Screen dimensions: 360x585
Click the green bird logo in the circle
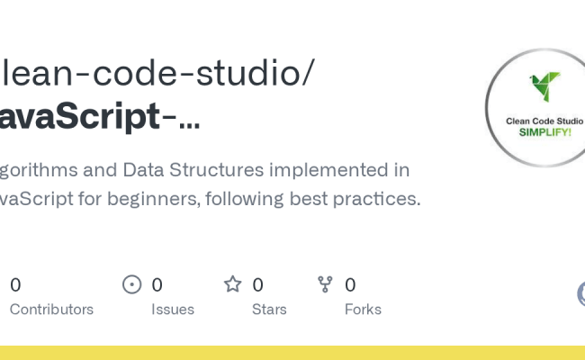coord(544,86)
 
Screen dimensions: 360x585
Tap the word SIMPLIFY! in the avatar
coord(546,131)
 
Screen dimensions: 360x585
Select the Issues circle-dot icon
coord(132,284)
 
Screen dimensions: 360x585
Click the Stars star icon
coord(233,284)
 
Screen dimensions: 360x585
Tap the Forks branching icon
coord(326,284)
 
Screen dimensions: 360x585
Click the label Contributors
coord(51,310)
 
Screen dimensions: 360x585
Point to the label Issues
coord(173,310)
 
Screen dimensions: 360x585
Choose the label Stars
coord(269,310)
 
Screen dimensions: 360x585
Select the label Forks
coord(363,310)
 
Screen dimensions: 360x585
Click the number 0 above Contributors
coord(15,285)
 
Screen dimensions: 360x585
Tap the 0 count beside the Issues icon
coord(157,285)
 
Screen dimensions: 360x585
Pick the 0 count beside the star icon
coord(257,285)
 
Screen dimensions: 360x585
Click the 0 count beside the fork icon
coord(350,285)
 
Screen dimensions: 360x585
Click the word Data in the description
coord(144,170)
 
